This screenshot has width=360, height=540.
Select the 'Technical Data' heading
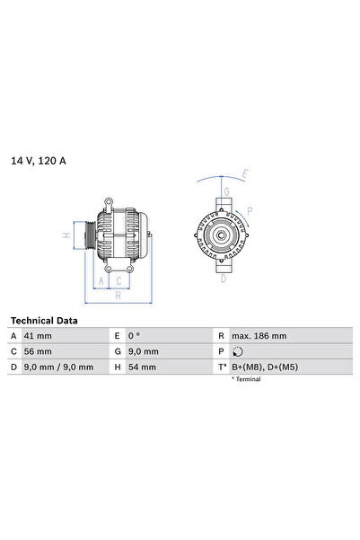tap(44, 321)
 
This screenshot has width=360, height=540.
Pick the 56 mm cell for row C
tap(37, 351)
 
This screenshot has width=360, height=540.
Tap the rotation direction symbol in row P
tap(237, 351)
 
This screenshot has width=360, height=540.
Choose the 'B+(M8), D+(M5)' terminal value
tap(265, 367)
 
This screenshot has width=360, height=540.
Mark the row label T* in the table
tap(221, 367)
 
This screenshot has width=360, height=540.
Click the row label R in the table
tap(221, 336)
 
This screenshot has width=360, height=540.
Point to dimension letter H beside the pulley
tap(66, 235)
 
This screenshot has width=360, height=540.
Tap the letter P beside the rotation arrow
tap(250, 213)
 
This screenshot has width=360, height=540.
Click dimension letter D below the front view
tap(224, 279)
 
